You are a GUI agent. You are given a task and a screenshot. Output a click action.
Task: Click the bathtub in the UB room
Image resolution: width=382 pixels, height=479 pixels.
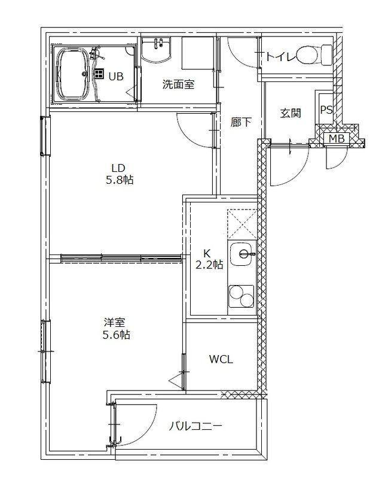[72, 74]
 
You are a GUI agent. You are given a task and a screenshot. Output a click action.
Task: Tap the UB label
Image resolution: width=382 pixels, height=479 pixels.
[116, 76]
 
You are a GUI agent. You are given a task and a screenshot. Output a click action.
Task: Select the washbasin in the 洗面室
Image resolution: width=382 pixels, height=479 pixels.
[156, 50]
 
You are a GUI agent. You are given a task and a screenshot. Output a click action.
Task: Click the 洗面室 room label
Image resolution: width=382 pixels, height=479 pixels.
[178, 84]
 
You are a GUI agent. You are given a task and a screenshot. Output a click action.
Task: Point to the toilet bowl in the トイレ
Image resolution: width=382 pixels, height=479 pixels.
[314, 54]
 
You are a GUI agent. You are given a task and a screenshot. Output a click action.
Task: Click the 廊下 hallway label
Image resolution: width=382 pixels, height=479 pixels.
[241, 122]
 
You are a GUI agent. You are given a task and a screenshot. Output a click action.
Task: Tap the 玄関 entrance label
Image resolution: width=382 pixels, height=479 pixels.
[291, 113]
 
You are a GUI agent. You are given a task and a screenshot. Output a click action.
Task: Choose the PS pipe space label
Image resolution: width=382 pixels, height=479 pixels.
[326, 110]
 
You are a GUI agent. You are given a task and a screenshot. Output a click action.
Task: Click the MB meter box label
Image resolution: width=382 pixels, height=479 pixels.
[337, 139]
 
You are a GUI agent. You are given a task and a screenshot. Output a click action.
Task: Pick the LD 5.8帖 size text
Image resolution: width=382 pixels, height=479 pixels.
[120, 180]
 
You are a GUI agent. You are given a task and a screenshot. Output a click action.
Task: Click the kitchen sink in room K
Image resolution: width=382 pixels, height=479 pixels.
[243, 253]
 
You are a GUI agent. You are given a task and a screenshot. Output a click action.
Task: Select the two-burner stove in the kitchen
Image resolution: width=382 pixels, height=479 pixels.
[242, 296]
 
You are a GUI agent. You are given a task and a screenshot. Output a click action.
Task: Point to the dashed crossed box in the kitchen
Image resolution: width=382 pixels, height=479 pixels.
[242, 224]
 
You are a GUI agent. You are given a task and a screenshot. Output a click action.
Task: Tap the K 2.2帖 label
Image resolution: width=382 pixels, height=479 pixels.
[209, 259]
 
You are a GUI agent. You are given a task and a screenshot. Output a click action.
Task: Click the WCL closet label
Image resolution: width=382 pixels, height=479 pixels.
[221, 359]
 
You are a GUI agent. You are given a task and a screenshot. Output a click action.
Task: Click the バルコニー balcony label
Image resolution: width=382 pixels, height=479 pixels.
[195, 426]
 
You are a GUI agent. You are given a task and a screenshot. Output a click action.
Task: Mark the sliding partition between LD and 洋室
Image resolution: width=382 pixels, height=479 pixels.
[121, 258]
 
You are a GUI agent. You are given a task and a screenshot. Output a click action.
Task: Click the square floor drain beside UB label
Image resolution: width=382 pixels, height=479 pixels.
[99, 73]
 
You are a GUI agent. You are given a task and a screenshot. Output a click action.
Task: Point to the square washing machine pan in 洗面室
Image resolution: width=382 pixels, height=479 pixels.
[198, 53]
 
